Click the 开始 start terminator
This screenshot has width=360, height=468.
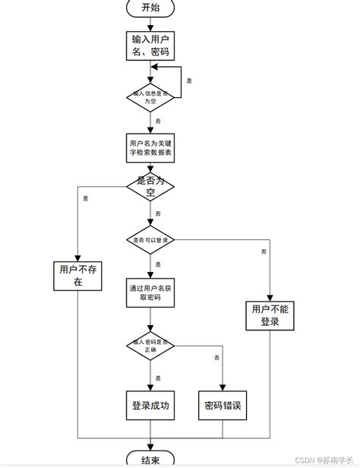150,8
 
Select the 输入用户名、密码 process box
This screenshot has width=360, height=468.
150,46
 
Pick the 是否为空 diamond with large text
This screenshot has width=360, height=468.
150,186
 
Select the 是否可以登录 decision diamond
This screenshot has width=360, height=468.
150,239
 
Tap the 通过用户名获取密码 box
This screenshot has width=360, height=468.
150,292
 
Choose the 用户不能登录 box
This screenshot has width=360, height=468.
270,315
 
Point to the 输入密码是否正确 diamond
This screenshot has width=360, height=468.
150,346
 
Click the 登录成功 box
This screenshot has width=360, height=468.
150,405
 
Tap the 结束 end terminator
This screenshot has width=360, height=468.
150,460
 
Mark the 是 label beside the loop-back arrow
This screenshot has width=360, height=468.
189,80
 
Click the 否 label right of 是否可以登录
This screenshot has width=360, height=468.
264,251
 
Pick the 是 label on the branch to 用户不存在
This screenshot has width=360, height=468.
85,198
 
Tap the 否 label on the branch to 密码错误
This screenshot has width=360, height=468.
217,357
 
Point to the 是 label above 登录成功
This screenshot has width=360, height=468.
158,378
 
